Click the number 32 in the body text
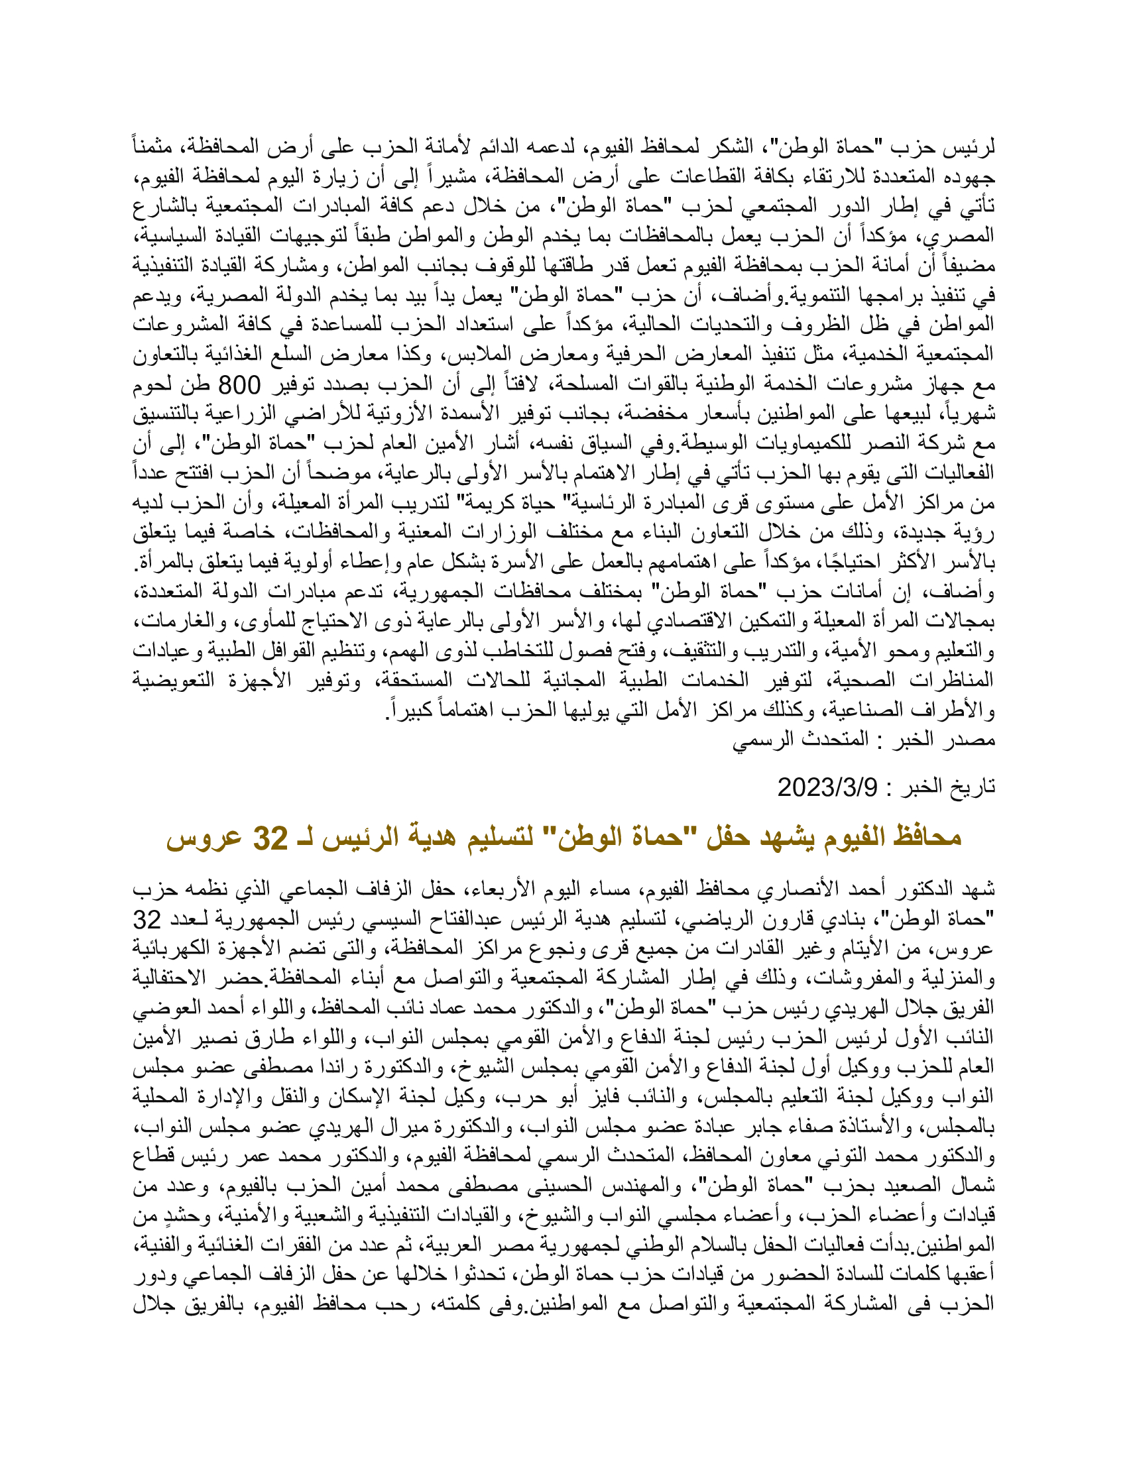(147, 920)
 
